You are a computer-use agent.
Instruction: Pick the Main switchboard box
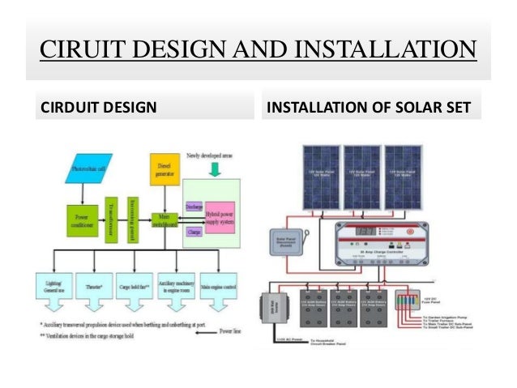(x=164, y=220)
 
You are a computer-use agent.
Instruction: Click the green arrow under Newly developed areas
(x=215, y=168)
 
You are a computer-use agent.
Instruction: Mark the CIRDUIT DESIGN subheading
(x=99, y=106)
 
